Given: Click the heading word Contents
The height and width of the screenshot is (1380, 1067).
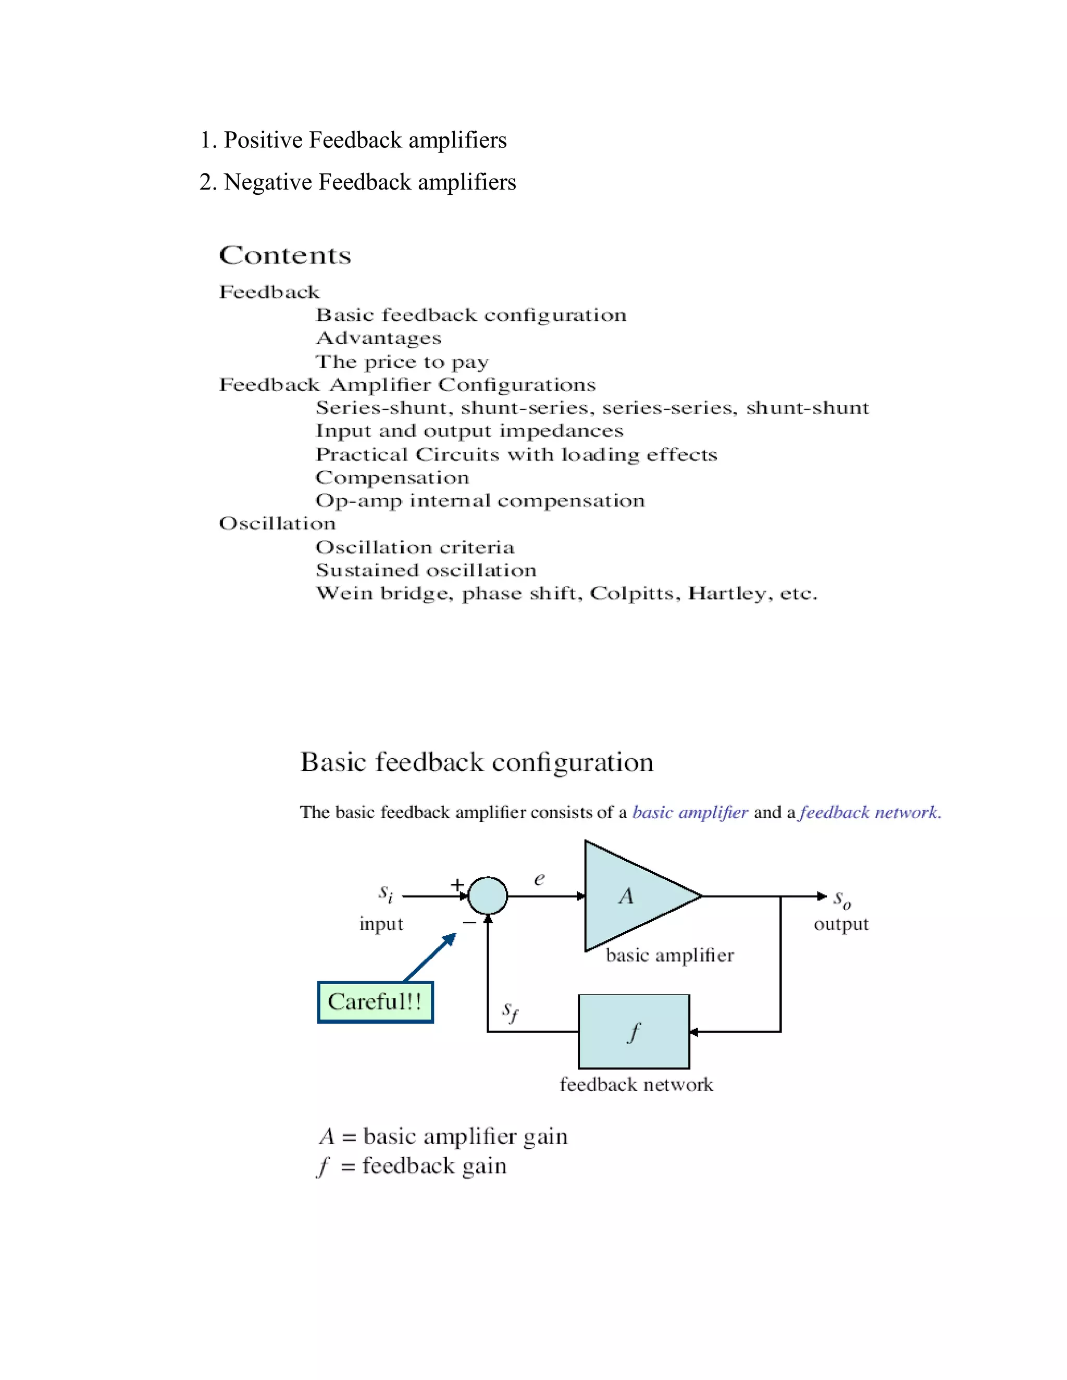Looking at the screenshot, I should pyautogui.click(x=284, y=255).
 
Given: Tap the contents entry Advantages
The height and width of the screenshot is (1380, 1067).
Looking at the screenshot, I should pyautogui.click(x=378, y=338).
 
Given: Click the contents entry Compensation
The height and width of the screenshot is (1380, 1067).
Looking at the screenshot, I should pyautogui.click(x=392, y=478).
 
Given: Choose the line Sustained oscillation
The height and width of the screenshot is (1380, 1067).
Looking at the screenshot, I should pyautogui.click(x=426, y=571).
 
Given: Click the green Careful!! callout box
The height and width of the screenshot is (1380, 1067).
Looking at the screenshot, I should pyautogui.click(x=375, y=1002).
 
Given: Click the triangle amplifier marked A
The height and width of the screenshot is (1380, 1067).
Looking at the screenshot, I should pyautogui.click(x=632, y=896).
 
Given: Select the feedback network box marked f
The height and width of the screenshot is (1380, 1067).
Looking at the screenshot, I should pyautogui.click(x=634, y=1032).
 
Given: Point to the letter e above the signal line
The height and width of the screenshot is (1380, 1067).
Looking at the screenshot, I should pyautogui.click(x=539, y=879).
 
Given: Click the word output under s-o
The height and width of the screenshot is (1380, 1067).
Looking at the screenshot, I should pyautogui.click(x=841, y=924).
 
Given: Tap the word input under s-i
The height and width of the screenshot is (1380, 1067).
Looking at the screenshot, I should pyautogui.click(x=381, y=924).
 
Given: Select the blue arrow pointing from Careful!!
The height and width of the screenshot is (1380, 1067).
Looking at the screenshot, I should pyautogui.click(x=430, y=958).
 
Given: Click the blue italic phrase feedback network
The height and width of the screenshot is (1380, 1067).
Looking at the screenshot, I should pyautogui.click(x=869, y=812).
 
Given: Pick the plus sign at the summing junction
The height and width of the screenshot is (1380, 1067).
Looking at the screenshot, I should pyautogui.click(x=457, y=885).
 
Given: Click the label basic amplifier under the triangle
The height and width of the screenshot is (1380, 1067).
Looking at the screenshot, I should pyautogui.click(x=669, y=956).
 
